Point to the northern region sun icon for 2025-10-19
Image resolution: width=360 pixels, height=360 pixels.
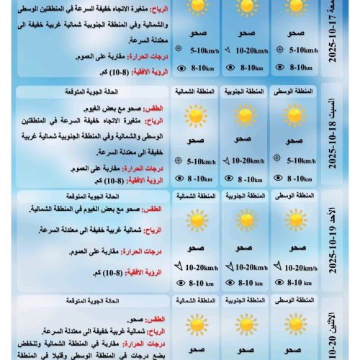coord(194,220)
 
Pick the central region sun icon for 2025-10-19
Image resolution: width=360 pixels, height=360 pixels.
coord(295,220)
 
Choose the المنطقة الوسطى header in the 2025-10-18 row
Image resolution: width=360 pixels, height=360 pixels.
coord(295,91)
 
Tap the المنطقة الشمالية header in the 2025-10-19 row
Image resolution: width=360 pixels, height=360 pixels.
coord(195,197)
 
